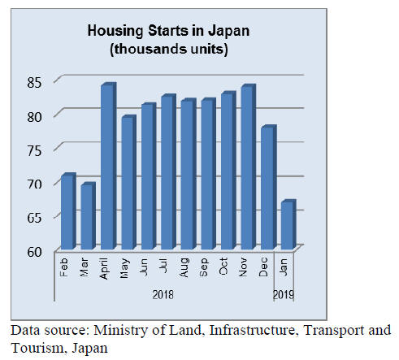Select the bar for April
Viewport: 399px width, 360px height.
point(109,166)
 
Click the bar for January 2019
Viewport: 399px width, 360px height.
point(288,224)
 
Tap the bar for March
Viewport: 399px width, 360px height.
point(89,216)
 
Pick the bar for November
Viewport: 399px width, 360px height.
point(249,167)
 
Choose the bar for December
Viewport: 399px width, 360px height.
point(269,187)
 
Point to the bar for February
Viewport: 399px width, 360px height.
point(68,211)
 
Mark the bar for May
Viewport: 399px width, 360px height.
point(128,182)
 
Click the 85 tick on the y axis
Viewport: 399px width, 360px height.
point(34,82)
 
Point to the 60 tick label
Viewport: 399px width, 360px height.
point(34,252)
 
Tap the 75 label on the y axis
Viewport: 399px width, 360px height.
point(34,150)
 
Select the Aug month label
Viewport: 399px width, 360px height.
point(184,267)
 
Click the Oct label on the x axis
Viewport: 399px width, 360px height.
point(223,267)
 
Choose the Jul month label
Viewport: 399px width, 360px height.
point(164,266)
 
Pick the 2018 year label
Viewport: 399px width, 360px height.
point(163,295)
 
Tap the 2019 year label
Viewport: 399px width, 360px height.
point(284,295)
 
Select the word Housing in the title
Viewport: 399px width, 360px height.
point(115,32)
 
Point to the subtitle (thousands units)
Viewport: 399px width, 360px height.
point(169,50)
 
